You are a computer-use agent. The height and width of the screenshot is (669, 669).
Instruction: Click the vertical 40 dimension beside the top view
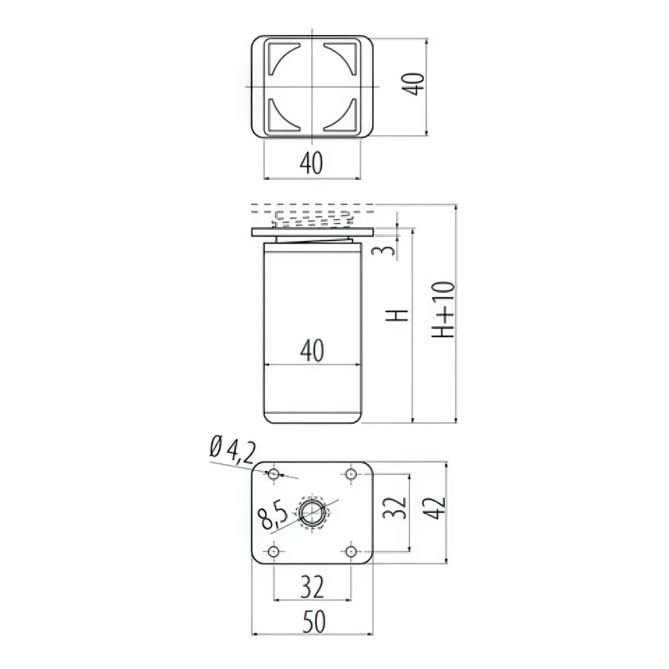click(x=413, y=84)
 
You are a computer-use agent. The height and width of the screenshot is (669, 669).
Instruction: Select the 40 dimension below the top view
click(x=311, y=163)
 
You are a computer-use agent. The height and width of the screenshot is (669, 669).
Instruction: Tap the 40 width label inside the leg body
click(x=312, y=350)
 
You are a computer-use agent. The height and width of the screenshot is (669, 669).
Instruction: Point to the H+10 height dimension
click(x=443, y=309)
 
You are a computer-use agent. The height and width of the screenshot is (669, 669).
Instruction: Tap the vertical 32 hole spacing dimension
click(x=394, y=508)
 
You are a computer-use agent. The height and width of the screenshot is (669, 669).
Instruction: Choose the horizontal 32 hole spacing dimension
click(x=312, y=587)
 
